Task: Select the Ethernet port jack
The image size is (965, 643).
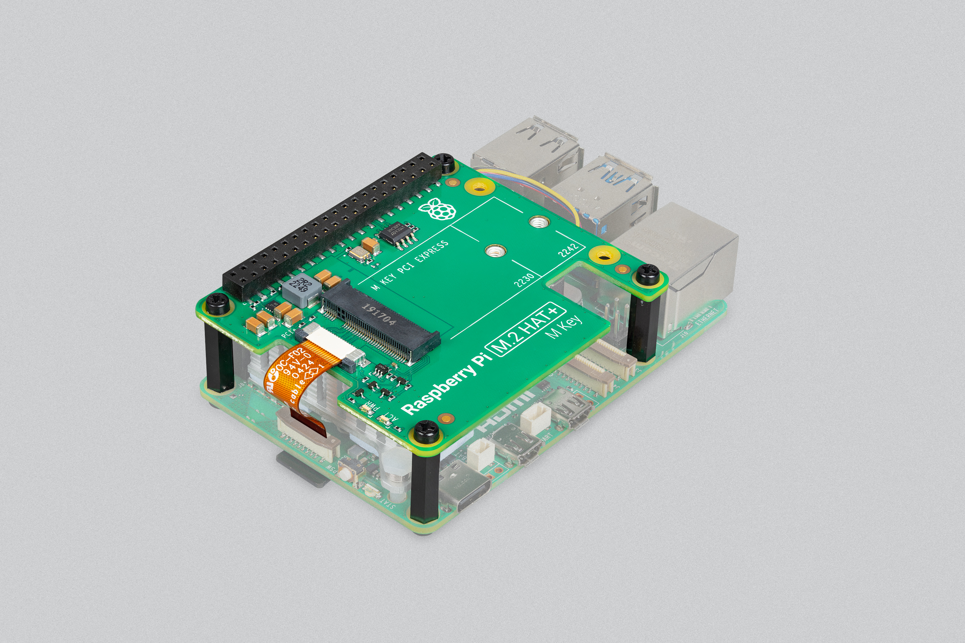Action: click(689, 267)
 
